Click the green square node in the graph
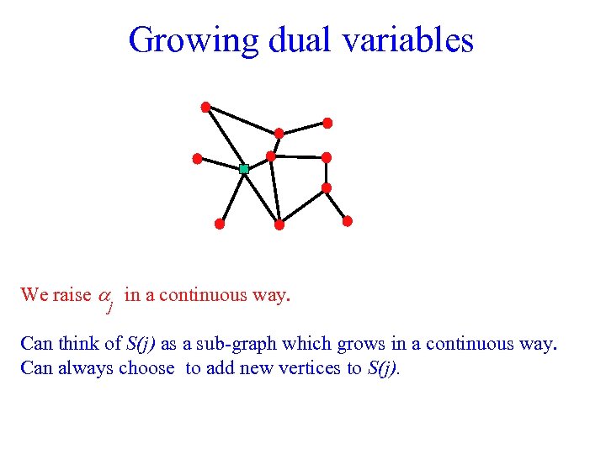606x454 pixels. pyautogui.click(x=244, y=169)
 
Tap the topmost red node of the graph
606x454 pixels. pyautogui.click(x=205, y=107)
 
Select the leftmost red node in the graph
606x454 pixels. pyautogui.click(x=197, y=158)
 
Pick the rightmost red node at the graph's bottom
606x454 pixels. pyautogui.click(x=348, y=221)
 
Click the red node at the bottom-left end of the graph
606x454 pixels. pyautogui.click(x=219, y=224)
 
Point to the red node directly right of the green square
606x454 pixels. pyautogui.click(x=271, y=156)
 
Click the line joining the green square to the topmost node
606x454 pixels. pyautogui.click(x=225, y=138)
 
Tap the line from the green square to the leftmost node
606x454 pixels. pyautogui.click(x=221, y=164)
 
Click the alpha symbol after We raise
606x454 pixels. pyautogui.click(x=106, y=296)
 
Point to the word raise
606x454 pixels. pyautogui.click(x=71, y=295)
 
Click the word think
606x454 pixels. pyautogui.click(x=82, y=344)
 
